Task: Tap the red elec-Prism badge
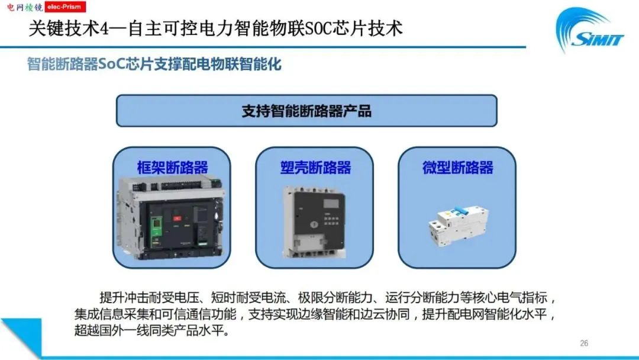click(x=65, y=7)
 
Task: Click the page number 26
click(x=584, y=343)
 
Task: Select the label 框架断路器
click(x=172, y=168)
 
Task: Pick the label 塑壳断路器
click(x=315, y=168)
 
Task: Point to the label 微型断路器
click(x=457, y=168)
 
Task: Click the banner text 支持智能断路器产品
click(x=306, y=111)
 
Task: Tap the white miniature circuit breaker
click(x=457, y=226)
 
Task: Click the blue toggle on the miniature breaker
click(x=460, y=211)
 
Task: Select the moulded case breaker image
click(x=315, y=222)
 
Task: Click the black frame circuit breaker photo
click(x=171, y=218)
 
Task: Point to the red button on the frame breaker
click(x=177, y=218)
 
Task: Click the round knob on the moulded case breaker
click(x=314, y=224)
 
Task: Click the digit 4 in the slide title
click(x=105, y=29)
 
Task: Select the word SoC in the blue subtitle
click(x=112, y=65)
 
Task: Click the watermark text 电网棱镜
click(x=25, y=7)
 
